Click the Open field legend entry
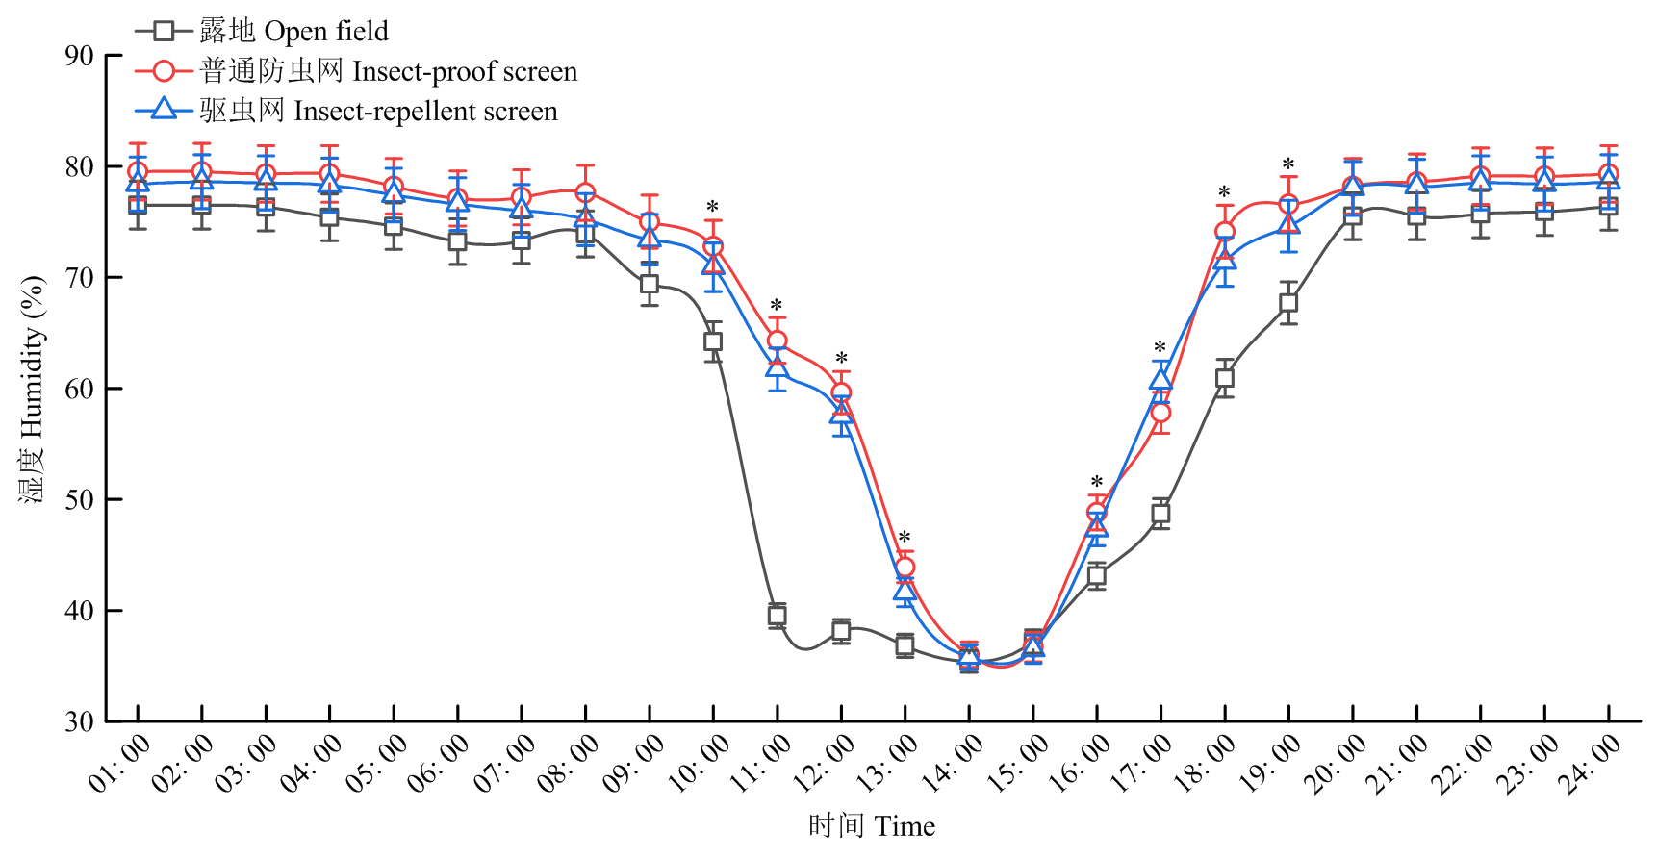pyautogui.click(x=262, y=31)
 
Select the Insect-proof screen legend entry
pyautogui.click(x=356, y=71)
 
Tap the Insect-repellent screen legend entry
pyautogui.click(x=346, y=111)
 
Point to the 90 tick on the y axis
pyautogui.click(x=80, y=56)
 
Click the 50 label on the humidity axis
pyautogui.click(x=80, y=499)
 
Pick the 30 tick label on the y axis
pyautogui.click(x=80, y=721)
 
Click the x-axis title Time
pyautogui.click(x=872, y=826)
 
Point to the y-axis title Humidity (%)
pyautogui.click(x=32, y=389)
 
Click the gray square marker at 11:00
pyautogui.click(x=778, y=616)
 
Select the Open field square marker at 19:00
pyautogui.click(x=1288, y=303)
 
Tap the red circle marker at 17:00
pyautogui.click(x=1160, y=413)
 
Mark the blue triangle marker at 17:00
pyautogui.click(x=1160, y=379)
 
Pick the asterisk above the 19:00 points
pyautogui.click(x=1288, y=165)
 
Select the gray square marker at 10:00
pyautogui.click(x=713, y=341)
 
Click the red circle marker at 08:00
pyautogui.click(x=585, y=193)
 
